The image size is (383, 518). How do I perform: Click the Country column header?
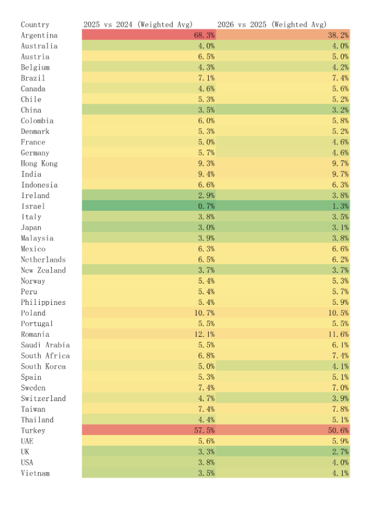35,25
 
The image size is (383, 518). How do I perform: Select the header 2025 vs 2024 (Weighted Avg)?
138,25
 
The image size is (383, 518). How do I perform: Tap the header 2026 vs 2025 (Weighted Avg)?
272,25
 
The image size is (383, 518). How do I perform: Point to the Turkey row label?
33,431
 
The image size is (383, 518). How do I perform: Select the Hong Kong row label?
39,164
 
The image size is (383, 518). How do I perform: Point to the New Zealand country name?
43,271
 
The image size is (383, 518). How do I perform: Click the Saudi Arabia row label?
45,345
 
